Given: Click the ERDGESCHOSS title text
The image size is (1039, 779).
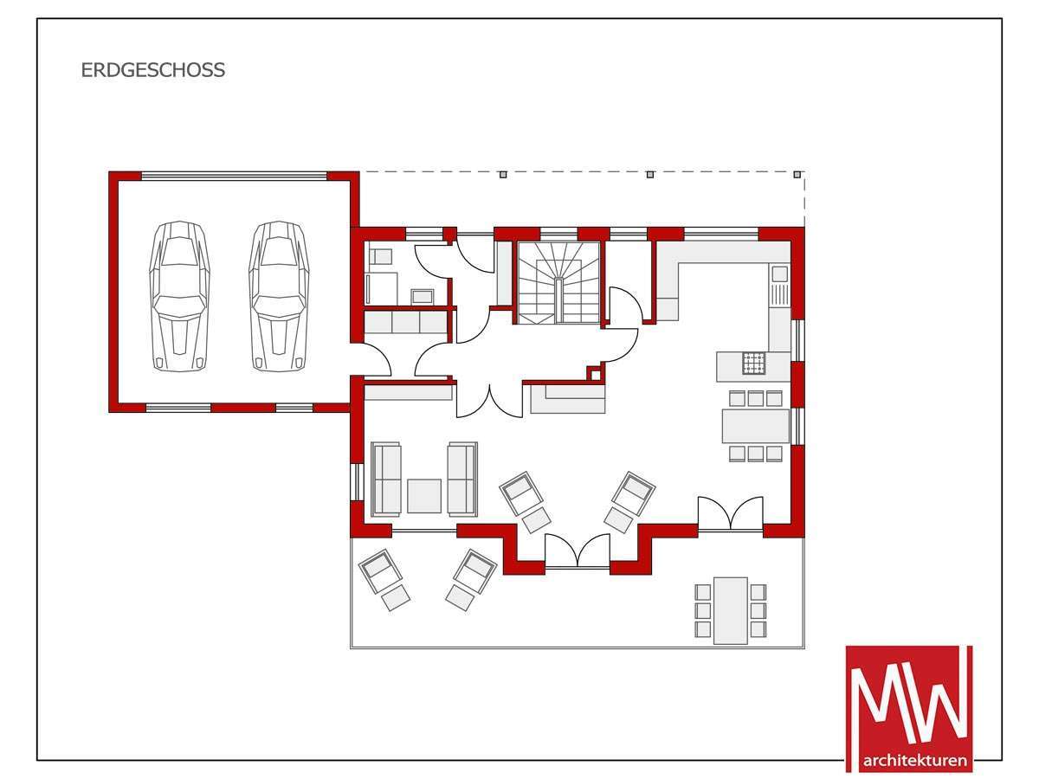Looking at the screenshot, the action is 153,70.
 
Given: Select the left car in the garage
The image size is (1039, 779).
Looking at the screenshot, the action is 180,296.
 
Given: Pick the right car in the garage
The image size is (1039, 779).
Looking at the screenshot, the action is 279,296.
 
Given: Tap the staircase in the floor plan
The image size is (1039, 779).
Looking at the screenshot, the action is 559,283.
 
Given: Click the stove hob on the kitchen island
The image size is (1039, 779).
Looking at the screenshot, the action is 753,364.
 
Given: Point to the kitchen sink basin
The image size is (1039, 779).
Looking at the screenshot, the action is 779,274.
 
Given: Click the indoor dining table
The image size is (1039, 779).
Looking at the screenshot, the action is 756,426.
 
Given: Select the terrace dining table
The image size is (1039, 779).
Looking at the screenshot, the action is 731,610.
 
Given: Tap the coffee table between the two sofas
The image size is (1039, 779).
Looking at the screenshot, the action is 424,496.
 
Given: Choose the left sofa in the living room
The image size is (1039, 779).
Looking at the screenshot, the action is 386,479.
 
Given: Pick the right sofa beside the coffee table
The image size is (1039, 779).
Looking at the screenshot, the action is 462,479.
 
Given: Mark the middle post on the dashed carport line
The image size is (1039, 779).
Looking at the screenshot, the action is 650,175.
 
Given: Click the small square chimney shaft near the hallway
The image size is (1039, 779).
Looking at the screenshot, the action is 595,374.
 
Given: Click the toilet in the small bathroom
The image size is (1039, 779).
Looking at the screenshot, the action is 380,256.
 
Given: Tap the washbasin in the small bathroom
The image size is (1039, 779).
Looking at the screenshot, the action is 422,296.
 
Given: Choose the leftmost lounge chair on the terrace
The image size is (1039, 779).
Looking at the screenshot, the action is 384,579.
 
